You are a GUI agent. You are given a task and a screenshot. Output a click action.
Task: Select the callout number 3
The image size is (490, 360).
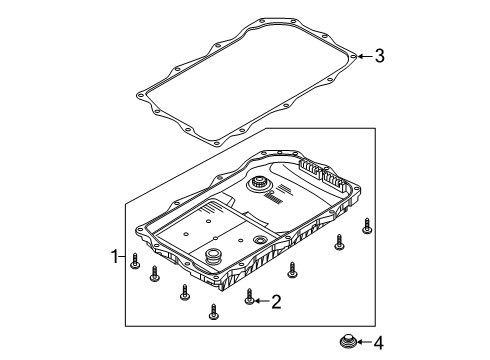point(379,56)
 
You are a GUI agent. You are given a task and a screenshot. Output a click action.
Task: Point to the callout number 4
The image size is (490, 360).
point(378,344)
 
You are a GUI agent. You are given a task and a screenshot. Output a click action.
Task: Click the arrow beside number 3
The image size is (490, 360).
point(362,56)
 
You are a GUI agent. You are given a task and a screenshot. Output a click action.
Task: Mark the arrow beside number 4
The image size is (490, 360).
point(361,344)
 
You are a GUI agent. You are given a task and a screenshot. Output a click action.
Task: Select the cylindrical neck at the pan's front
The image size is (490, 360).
point(211,258)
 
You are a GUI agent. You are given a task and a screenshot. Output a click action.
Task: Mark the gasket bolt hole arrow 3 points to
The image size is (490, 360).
point(351,56)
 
